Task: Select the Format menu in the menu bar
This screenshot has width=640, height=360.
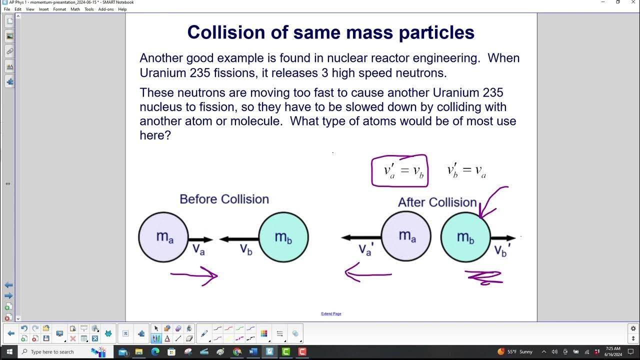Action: [59, 9]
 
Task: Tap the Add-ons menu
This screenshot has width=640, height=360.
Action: [105, 9]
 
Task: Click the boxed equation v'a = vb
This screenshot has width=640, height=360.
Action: [399, 170]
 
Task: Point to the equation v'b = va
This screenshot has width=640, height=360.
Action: [466, 170]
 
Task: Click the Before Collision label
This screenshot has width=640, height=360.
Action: [224, 199]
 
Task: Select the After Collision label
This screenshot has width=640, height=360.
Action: [437, 202]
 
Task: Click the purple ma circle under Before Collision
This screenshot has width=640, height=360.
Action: [163, 237]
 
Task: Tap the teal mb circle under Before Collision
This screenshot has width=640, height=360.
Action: [283, 237]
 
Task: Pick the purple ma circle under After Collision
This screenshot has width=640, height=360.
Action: [406, 237]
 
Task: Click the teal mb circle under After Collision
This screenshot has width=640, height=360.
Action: [465, 237]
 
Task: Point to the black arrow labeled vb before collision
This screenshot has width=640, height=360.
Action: [239, 239]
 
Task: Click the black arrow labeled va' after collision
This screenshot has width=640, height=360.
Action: [361, 237]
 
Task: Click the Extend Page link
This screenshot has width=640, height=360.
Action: [331, 314]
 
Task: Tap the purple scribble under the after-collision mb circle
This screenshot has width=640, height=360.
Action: [484, 277]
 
